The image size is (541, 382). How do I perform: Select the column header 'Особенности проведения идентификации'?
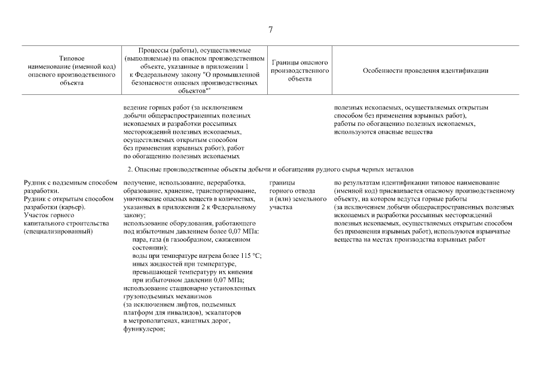pyautogui.click(x=425, y=70)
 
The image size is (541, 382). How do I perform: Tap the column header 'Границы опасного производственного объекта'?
pyautogui.click(x=299, y=70)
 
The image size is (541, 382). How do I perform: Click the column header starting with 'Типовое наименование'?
pyautogui.click(x=72, y=70)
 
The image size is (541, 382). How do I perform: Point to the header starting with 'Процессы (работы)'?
pyautogui.click(x=194, y=70)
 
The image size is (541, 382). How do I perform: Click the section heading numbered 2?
pyautogui.click(x=270, y=170)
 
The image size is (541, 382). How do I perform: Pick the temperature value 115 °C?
pyautogui.click(x=251, y=255)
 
